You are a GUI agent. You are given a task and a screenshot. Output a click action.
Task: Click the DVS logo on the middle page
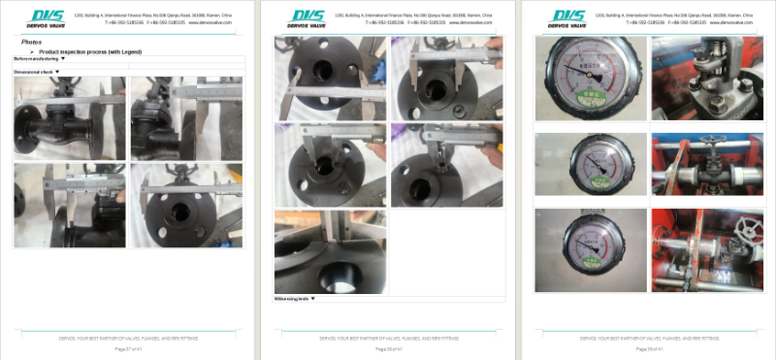(x=308, y=17)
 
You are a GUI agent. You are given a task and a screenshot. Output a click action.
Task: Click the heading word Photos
(x=31, y=42)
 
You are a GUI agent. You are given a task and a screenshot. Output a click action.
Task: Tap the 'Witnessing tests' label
(x=292, y=299)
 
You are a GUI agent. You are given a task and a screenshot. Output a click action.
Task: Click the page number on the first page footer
(x=129, y=348)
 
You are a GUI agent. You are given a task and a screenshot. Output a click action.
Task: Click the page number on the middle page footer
(x=388, y=348)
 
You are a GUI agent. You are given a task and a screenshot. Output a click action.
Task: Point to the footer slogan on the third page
(x=646, y=339)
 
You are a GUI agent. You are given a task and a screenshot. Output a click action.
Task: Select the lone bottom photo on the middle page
(x=331, y=252)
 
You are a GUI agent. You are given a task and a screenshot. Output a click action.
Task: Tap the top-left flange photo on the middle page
(x=331, y=79)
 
